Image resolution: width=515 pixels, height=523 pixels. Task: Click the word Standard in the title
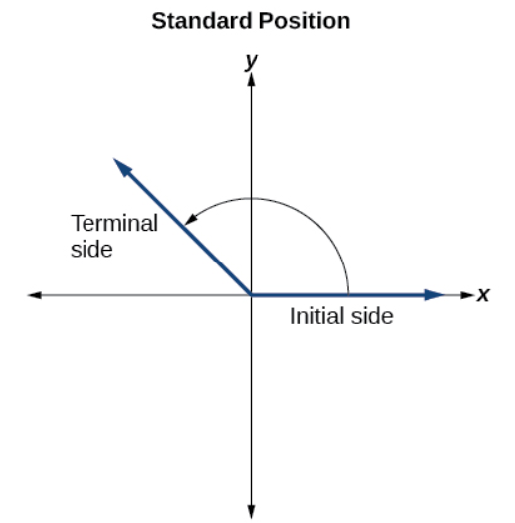click(x=202, y=21)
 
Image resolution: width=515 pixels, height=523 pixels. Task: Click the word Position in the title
click(x=304, y=21)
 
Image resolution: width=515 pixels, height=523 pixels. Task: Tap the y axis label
click(x=252, y=61)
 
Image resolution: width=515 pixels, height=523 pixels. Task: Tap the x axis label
click(x=482, y=295)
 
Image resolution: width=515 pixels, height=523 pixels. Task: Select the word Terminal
click(x=114, y=223)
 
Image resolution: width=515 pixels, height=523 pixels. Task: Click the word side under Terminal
click(x=91, y=249)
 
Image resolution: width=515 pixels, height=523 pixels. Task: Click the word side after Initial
click(x=372, y=316)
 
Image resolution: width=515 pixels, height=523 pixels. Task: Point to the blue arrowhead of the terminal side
click(x=122, y=167)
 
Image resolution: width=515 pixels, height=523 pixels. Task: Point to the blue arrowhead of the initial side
click(x=434, y=295)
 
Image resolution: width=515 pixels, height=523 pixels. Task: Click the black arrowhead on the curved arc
click(x=191, y=219)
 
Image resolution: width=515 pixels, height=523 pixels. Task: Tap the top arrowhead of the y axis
click(x=252, y=79)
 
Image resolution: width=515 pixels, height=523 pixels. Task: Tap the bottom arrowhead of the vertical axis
click(x=252, y=512)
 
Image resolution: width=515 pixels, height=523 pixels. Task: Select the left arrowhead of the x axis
click(x=35, y=295)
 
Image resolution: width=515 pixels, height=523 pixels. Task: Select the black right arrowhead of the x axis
click(x=467, y=295)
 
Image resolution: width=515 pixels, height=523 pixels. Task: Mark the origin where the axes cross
click(x=252, y=295)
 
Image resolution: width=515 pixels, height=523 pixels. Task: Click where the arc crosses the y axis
click(x=252, y=198)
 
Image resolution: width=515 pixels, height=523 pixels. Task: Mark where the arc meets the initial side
click(x=349, y=294)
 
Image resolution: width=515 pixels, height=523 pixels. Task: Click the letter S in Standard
click(x=159, y=21)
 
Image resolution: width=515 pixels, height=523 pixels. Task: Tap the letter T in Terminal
click(x=79, y=223)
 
